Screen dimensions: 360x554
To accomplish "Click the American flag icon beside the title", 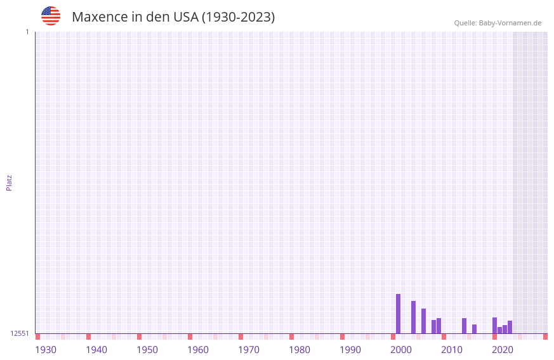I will point(51,16).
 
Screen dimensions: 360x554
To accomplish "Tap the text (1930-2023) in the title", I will point(238,17).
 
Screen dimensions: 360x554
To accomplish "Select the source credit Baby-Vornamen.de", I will point(510,23).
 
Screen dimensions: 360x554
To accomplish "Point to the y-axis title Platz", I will point(9,182).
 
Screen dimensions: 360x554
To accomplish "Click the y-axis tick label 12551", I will point(20,333).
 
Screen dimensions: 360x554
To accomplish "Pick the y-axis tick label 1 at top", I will point(27,32).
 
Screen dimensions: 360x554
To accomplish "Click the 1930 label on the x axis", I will point(46,350).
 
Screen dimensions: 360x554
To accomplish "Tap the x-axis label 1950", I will point(147,350).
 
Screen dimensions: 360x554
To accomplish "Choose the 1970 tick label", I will point(249,350).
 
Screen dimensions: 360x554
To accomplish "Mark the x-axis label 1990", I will point(350,350).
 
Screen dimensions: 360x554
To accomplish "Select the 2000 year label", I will point(401,350).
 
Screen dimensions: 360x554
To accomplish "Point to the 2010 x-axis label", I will point(452,350).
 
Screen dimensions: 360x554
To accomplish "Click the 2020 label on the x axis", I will point(503,350).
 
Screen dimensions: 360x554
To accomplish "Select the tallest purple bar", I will point(398,314).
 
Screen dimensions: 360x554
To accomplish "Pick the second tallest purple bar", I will point(413,317).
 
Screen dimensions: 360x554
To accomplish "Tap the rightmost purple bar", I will point(510,327).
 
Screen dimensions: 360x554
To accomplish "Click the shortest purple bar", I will point(499,330).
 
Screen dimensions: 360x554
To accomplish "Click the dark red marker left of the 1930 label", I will point(37,337).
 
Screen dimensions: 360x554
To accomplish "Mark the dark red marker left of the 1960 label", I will point(190,337).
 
